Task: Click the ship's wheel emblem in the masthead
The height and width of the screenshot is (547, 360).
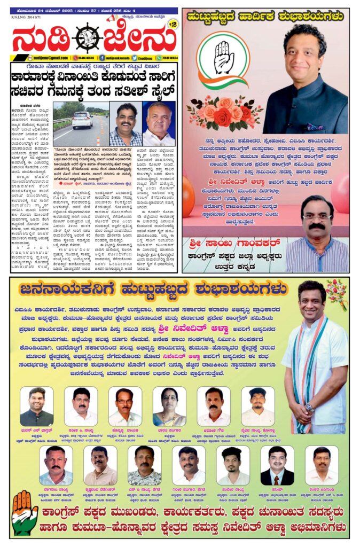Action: [87, 38]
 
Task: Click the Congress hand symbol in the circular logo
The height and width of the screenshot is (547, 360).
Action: [223, 58]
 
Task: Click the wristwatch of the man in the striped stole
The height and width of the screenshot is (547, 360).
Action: [308, 407]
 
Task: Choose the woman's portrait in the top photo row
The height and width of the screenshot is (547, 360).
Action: [169, 406]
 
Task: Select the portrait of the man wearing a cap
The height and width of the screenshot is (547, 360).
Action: [257, 406]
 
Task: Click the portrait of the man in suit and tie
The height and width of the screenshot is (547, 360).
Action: [277, 465]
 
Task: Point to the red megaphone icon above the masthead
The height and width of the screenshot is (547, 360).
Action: [110, 19]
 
